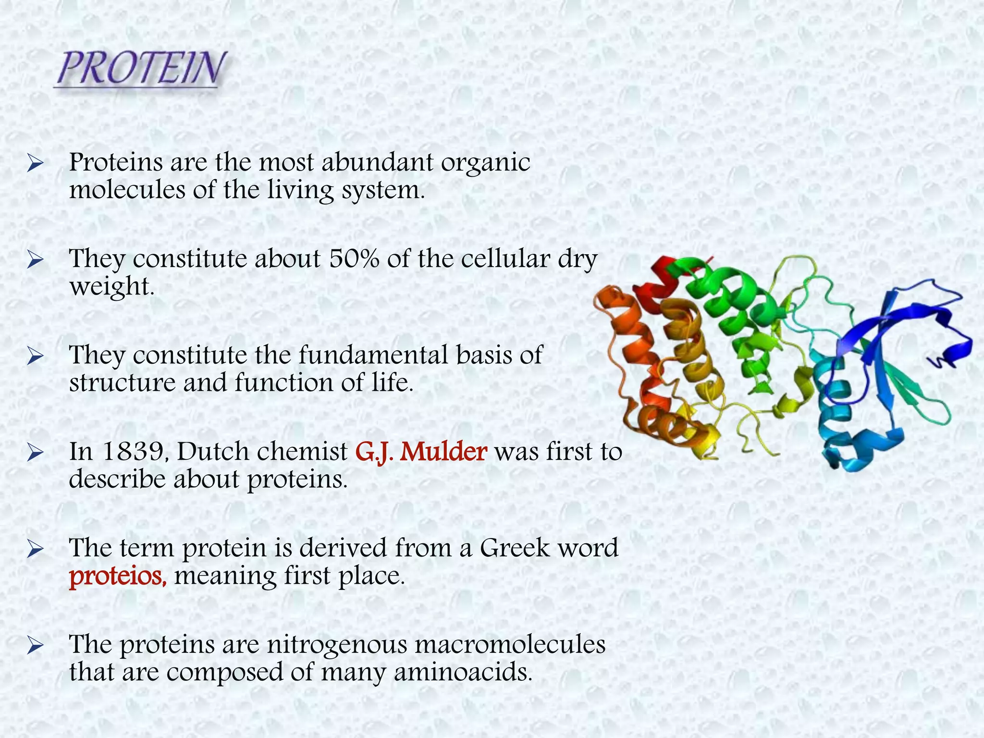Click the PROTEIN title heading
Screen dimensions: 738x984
140,68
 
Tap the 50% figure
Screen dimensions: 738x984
354,259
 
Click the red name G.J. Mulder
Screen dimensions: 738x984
421,452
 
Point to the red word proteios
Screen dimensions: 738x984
118,576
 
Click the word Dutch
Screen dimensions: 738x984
207,452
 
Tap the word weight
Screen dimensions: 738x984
111,287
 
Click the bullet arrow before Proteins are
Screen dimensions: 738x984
36,164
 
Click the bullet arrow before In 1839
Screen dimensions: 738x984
36,453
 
